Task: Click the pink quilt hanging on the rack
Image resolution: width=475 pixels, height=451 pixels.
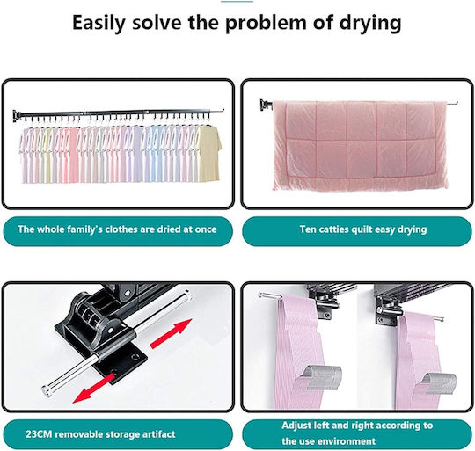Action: pyautogui.click(x=361, y=145)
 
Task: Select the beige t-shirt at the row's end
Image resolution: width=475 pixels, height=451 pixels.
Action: pyautogui.click(x=210, y=154)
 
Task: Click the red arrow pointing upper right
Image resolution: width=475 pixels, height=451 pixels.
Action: pyautogui.click(x=172, y=333)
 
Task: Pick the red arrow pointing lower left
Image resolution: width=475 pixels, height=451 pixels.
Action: pyautogui.click(x=94, y=389)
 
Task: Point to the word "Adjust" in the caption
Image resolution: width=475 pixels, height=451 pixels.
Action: pyautogui.click(x=296, y=426)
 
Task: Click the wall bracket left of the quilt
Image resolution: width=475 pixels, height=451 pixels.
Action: pyautogui.click(x=266, y=105)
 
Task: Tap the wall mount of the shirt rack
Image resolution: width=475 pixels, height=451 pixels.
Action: pyautogui.click(x=16, y=116)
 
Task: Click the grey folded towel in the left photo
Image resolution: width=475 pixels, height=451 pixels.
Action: pyautogui.click(x=325, y=377)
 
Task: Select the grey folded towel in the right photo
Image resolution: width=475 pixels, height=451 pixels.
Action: pyautogui.click(x=438, y=383)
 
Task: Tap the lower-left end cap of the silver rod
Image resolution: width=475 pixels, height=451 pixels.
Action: pyautogui.click(x=47, y=390)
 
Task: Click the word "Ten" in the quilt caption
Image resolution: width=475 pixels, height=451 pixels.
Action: pyautogui.click(x=306, y=229)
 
